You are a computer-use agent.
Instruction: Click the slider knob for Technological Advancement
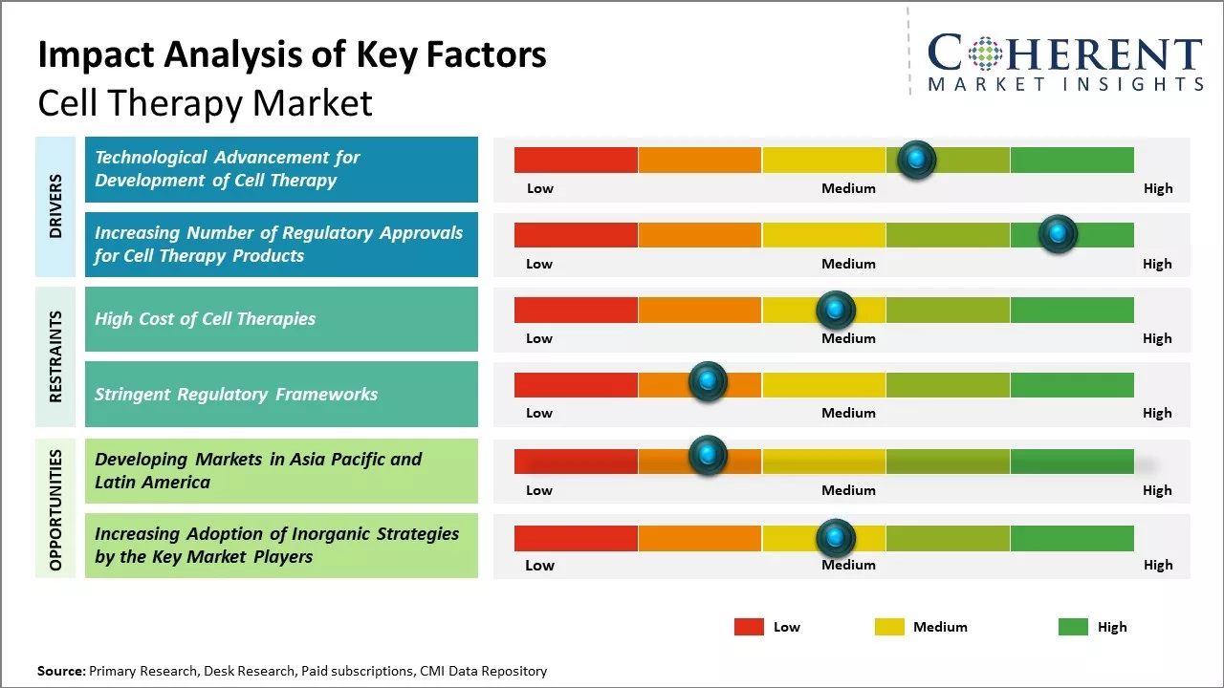click(x=917, y=160)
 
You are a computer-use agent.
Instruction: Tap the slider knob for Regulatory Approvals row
click(x=1058, y=234)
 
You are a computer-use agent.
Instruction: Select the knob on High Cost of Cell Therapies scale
click(x=835, y=310)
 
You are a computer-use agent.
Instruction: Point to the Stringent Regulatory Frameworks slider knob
click(x=708, y=381)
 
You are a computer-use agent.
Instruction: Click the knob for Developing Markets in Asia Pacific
click(x=708, y=456)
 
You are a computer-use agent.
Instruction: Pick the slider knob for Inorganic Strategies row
click(x=835, y=538)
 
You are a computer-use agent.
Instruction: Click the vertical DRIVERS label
click(x=55, y=205)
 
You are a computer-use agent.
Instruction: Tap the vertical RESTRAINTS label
click(x=55, y=355)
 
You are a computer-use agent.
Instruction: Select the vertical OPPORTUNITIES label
click(x=55, y=509)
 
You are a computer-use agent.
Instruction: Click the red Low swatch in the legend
click(x=749, y=627)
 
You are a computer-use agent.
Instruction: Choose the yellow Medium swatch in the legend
click(x=889, y=627)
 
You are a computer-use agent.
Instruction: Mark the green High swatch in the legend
click(x=1073, y=627)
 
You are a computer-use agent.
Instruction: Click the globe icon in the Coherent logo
click(x=984, y=54)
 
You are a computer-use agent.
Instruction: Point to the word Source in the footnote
click(x=61, y=671)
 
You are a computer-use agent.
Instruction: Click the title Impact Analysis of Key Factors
click(x=292, y=54)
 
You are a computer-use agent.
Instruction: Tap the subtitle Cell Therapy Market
click(x=205, y=102)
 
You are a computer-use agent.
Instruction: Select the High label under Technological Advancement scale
click(x=1157, y=188)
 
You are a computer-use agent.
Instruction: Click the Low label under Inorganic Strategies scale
click(x=539, y=565)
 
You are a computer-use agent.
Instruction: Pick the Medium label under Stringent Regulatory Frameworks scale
click(x=848, y=413)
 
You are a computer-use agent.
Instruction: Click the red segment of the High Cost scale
click(x=576, y=310)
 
